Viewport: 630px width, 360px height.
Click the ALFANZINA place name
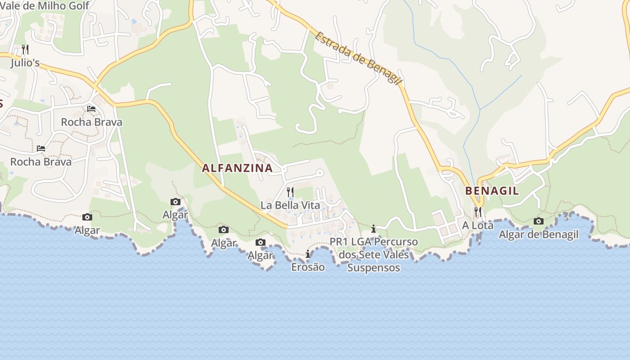[237, 168]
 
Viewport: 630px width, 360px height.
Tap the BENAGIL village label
[492, 191]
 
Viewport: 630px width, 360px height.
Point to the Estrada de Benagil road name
[358, 58]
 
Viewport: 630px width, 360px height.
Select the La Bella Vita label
[290, 205]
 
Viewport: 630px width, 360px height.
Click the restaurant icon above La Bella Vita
[290, 192]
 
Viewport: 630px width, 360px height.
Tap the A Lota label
[477, 225]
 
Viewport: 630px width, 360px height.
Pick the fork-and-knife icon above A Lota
[477, 211]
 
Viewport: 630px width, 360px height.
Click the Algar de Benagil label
[538, 234]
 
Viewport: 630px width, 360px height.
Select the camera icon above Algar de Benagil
[538, 221]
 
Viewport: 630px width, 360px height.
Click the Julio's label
[25, 63]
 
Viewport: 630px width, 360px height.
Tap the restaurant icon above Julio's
[25, 49]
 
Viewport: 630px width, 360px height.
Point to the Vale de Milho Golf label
[45, 6]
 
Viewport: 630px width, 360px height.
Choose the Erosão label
[308, 267]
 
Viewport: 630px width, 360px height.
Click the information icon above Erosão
[308, 254]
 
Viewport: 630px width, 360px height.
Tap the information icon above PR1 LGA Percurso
[373, 229]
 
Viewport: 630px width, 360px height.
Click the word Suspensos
[373, 268]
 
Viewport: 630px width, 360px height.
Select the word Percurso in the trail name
[396, 242]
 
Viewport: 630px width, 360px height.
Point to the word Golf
[78, 6]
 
